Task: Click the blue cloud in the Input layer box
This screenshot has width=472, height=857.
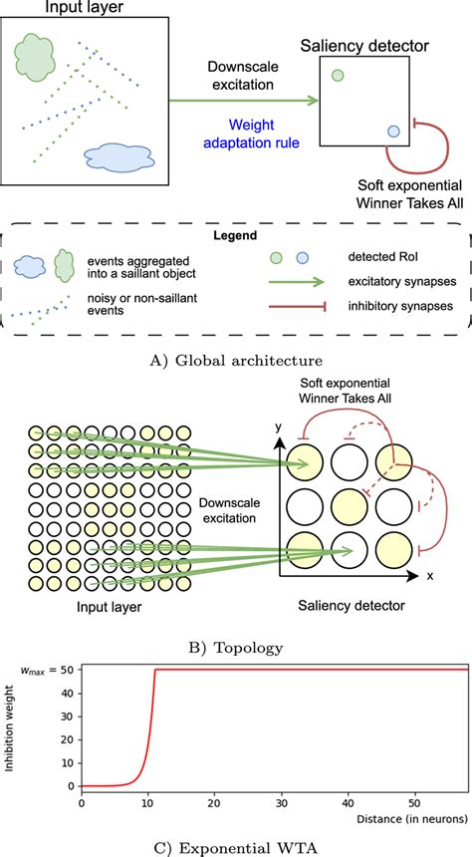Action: point(117,156)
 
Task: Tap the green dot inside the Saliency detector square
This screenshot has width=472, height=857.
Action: point(338,75)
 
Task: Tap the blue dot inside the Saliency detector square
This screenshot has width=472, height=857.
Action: point(393,131)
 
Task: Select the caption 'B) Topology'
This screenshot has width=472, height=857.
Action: point(235,648)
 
